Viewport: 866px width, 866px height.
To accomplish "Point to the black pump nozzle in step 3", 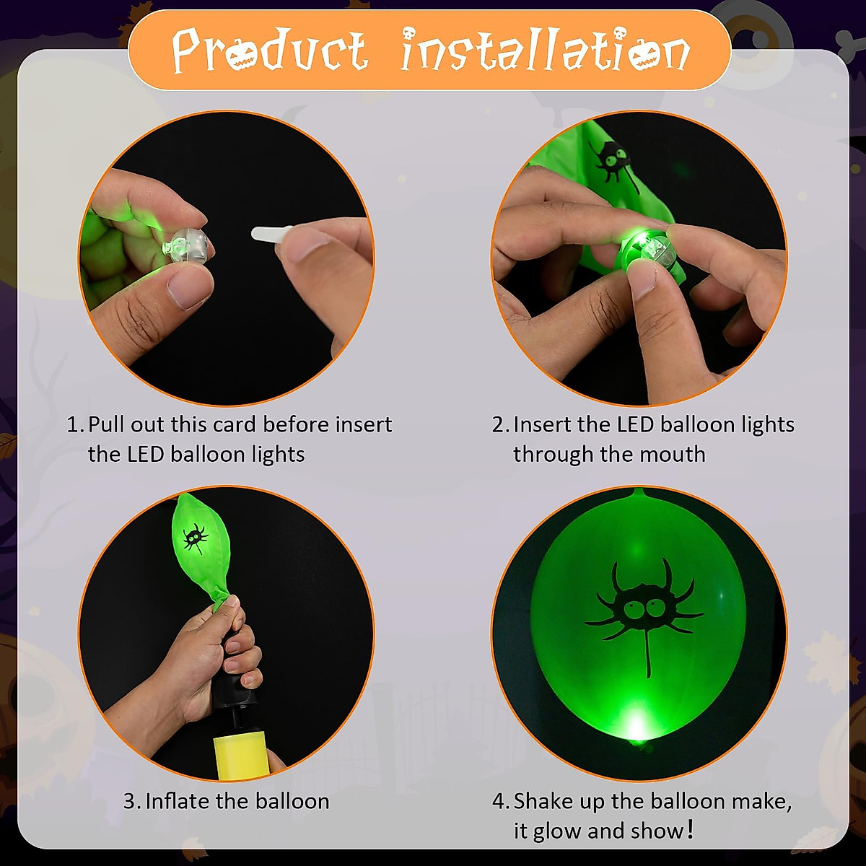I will (x=237, y=683).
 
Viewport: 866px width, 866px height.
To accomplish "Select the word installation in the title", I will (x=545, y=51).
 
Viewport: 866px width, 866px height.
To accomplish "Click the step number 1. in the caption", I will (x=75, y=424).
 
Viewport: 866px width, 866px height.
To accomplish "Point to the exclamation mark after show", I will (x=691, y=830).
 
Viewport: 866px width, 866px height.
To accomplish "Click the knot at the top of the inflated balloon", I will (x=639, y=494).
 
